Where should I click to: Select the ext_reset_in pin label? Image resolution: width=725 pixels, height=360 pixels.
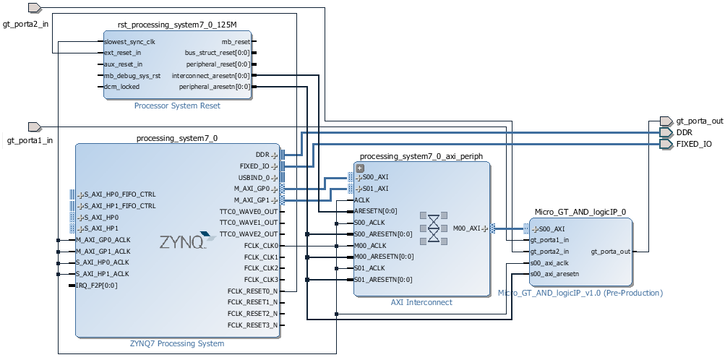click(123, 53)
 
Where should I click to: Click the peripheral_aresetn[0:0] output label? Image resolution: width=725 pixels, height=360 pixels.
click(215, 87)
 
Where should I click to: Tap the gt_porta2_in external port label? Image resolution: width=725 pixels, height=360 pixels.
click(26, 24)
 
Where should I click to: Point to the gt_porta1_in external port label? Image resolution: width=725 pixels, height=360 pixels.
click(29, 140)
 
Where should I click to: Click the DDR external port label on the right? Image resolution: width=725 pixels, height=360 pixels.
click(685, 132)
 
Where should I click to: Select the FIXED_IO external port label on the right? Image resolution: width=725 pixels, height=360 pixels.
click(694, 144)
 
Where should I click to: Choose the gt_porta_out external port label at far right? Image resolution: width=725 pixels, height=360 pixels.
click(699, 121)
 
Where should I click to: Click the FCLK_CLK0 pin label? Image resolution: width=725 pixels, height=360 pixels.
click(261, 246)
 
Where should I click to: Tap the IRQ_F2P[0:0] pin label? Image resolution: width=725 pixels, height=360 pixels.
click(98, 286)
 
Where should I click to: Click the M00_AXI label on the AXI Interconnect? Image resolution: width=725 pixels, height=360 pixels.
click(466, 228)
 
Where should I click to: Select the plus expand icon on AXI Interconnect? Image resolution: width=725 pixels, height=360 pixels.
click(359, 168)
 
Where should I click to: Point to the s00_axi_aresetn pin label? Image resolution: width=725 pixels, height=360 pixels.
click(554, 274)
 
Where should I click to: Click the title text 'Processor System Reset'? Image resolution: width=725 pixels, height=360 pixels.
click(177, 106)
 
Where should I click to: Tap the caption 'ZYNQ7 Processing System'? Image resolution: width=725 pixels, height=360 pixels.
click(178, 344)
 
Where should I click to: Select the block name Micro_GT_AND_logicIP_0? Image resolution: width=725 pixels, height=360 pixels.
click(580, 212)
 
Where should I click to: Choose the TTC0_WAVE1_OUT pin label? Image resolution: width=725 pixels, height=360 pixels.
click(248, 223)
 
